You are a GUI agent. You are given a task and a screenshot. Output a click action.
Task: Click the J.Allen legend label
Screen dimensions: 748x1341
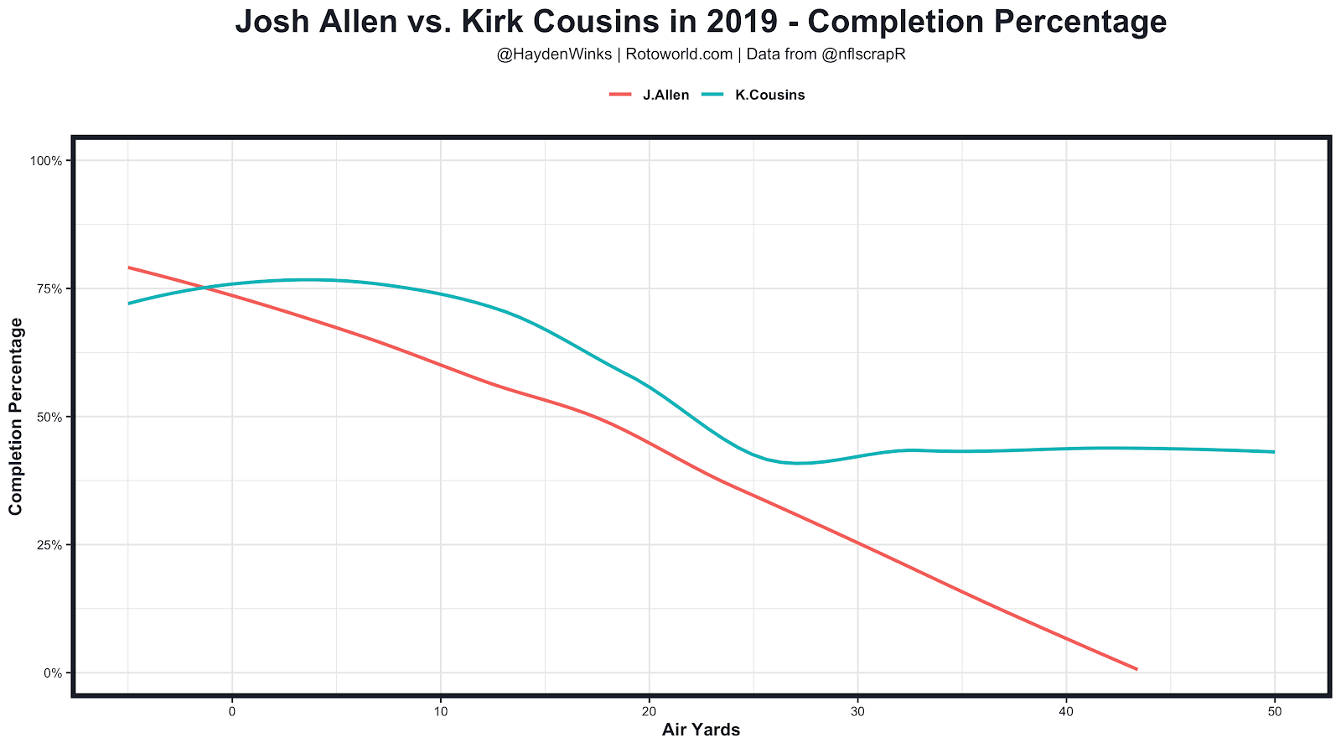(665, 95)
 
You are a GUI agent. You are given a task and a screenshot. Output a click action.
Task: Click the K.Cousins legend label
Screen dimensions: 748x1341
(769, 95)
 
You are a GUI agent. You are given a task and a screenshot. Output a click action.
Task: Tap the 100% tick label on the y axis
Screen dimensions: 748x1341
(46, 161)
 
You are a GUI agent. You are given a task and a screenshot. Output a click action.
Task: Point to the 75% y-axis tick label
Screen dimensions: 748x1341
(49, 288)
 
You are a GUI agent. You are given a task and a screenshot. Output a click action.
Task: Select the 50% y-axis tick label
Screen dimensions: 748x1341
(49, 417)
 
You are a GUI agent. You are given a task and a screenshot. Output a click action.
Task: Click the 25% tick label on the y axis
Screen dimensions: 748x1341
(49, 544)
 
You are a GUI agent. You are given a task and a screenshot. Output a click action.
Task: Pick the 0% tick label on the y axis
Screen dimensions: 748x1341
(52, 673)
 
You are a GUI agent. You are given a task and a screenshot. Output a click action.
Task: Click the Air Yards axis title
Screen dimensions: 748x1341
(701, 730)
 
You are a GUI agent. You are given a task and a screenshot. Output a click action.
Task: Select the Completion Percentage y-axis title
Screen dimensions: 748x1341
(16, 417)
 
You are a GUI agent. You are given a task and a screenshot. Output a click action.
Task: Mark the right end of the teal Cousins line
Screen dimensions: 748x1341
(1274, 452)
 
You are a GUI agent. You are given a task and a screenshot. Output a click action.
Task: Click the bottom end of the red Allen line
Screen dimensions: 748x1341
(1136, 669)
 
